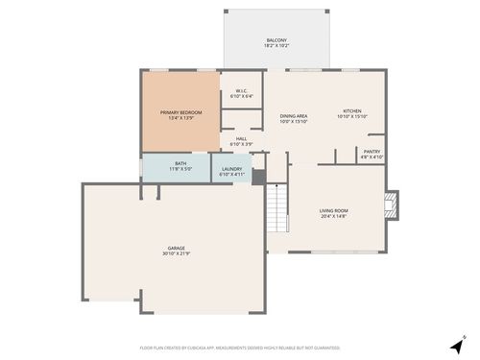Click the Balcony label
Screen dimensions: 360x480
(276, 40)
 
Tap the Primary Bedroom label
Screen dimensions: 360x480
(180, 112)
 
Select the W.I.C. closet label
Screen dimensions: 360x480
(242, 91)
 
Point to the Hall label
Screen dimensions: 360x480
(241, 139)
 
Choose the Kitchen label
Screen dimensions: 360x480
(352, 112)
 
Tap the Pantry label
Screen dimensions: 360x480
(371, 151)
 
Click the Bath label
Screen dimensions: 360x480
(180, 164)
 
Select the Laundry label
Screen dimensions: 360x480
(233, 170)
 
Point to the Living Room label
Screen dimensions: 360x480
(333, 210)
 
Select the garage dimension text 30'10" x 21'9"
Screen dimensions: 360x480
(177, 253)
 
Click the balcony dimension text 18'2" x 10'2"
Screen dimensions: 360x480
(276, 46)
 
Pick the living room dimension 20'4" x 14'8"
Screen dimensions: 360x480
(333, 216)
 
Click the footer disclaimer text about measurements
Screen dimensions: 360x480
(239, 348)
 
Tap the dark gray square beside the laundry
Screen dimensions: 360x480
(258, 177)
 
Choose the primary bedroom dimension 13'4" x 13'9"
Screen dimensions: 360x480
(180, 118)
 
